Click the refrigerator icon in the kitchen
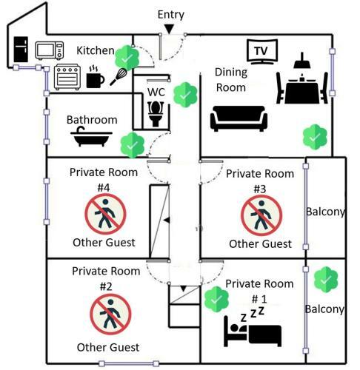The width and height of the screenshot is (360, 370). [x=21, y=50]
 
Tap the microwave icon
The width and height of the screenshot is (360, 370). [x=50, y=50]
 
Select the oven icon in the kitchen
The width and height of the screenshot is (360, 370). [x=67, y=77]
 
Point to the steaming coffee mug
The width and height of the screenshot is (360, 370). [x=95, y=77]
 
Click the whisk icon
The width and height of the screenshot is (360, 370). [x=119, y=76]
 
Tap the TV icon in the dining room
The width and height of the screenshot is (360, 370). [x=262, y=52]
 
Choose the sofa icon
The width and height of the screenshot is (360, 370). [x=239, y=118]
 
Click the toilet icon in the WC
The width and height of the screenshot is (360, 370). [x=156, y=114]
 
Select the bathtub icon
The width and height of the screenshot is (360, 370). [x=91, y=137]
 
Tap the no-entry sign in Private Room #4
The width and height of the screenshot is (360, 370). [x=105, y=214]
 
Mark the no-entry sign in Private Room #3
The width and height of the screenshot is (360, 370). [x=261, y=215]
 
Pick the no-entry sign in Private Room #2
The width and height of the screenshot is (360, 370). [x=110, y=314]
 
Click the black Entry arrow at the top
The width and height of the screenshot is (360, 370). [x=169, y=29]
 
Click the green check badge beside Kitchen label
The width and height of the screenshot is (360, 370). [x=127, y=58]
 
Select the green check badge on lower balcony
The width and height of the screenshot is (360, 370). [x=326, y=280]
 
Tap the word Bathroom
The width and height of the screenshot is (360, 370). [x=92, y=120]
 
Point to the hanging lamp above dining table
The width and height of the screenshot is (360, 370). [x=302, y=61]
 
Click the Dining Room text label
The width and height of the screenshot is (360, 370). [x=231, y=80]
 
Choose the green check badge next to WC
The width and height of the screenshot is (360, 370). [x=185, y=95]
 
